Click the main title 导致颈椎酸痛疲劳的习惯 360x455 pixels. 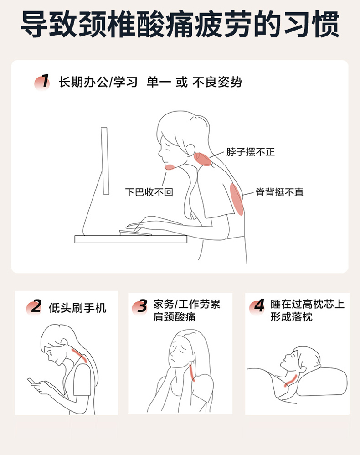(x=180, y=24)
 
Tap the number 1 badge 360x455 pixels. (x=42, y=82)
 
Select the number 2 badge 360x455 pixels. (x=34, y=307)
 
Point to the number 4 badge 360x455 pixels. (x=257, y=306)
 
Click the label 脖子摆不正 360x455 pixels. (x=250, y=152)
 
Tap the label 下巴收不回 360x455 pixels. (x=149, y=192)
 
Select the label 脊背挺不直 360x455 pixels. (x=280, y=192)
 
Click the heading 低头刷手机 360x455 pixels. (x=77, y=308)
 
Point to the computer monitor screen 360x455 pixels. (x=105, y=161)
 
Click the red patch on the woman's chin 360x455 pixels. (x=170, y=167)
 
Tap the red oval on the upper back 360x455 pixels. (x=237, y=199)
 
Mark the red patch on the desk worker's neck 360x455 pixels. (x=202, y=159)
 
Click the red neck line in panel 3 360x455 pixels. (x=192, y=372)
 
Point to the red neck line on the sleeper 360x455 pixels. (x=291, y=381)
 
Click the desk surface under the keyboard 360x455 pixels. (x=131, y=239)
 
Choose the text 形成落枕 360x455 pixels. (x=292, y=317)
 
